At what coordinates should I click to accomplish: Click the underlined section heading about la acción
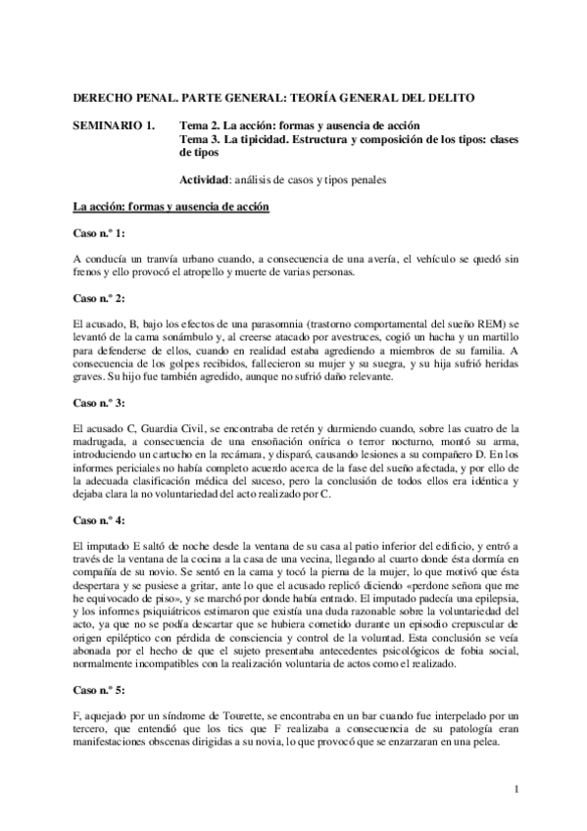click(164, 208)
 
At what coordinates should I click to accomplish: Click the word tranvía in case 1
click(158, 258)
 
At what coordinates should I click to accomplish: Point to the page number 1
click(513, 789)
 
